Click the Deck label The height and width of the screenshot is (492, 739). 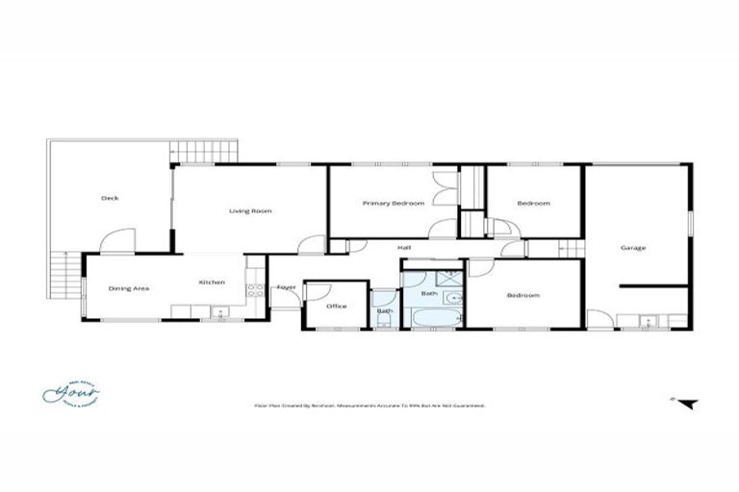pos(110,199)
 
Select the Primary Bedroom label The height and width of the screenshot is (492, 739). pos(394,204)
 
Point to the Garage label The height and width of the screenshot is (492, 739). pos(632,248)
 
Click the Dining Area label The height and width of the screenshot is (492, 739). pos(127,287)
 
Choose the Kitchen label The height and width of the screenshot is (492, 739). pos(212,283)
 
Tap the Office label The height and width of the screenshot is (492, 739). pos(336,307)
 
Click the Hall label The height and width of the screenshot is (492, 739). pos(405,248)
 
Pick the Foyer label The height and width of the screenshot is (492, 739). pos(286,287)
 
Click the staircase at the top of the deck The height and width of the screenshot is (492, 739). pos(204,152)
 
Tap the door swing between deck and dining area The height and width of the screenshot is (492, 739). pos(115,240)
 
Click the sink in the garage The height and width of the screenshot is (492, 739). pos(647,320)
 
